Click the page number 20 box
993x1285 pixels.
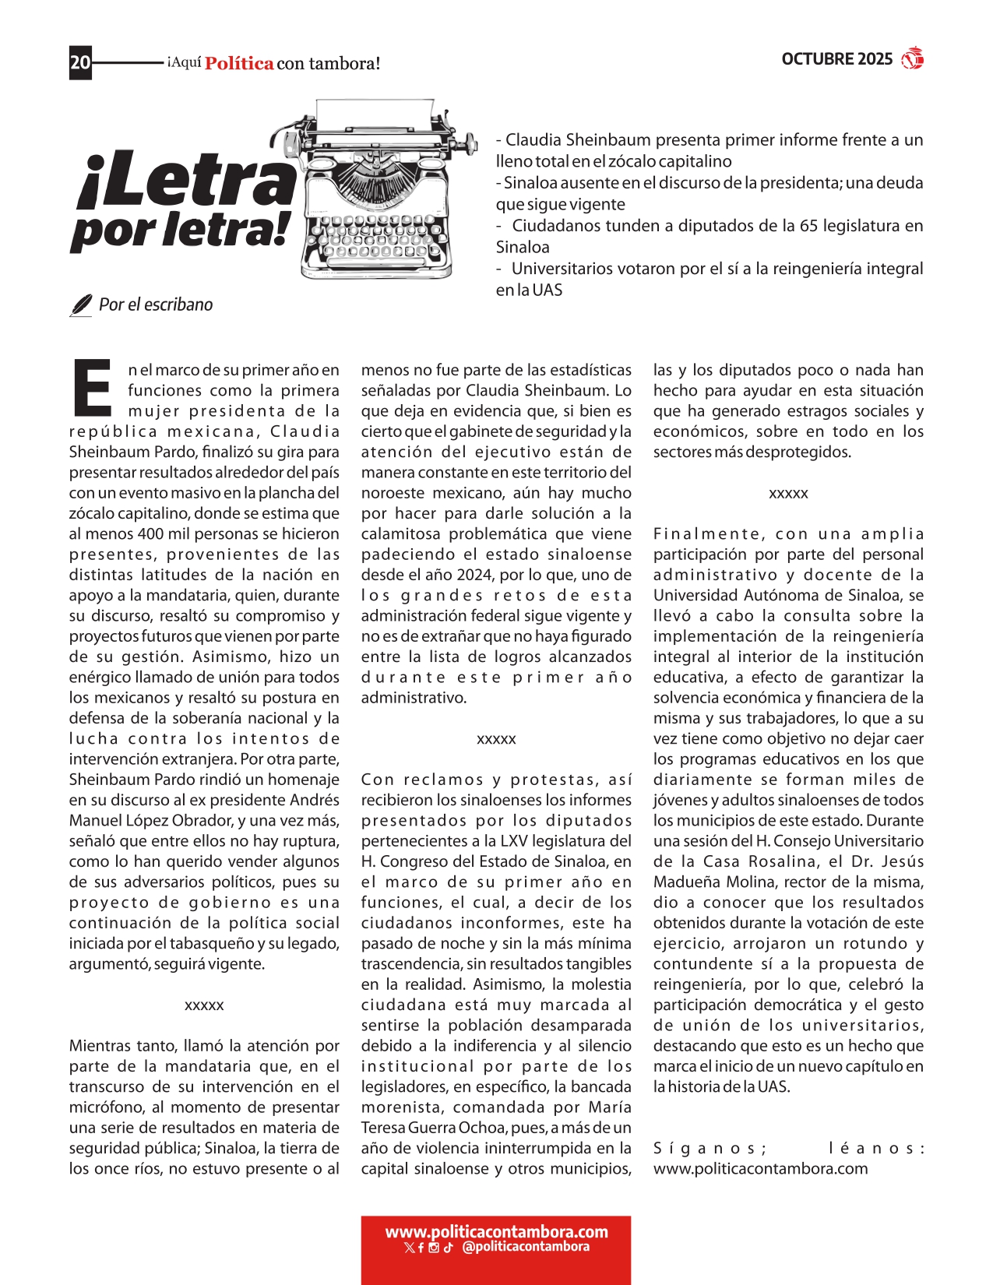point(80,62)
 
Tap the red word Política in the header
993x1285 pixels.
point(239,64)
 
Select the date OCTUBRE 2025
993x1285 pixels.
point(836,59)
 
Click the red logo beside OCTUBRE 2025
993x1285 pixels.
point(912,58)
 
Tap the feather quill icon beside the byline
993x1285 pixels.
point(80,305)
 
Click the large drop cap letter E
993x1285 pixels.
point(93,387)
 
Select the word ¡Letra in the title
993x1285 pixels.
point(187,181)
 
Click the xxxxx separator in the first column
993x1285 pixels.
point(204,1005)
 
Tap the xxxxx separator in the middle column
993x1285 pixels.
point(496,739)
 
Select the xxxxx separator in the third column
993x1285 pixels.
point(788,494)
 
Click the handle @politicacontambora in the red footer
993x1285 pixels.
point(526,1247)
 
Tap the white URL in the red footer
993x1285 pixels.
point(496,1231)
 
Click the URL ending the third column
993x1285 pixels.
point(760,1168)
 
